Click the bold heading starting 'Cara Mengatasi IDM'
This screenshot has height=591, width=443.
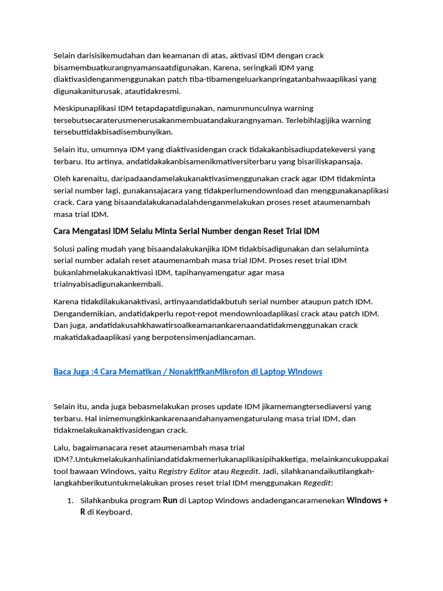[x=186, y=231]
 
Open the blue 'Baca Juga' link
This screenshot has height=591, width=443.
[x=187, y=372]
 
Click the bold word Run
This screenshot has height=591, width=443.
[x=170, y=500]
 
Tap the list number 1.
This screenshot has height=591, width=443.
[x=70, y=500]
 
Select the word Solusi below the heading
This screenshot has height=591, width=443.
[x=65, y=249]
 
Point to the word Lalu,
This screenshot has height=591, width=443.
[x=62, y=447]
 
